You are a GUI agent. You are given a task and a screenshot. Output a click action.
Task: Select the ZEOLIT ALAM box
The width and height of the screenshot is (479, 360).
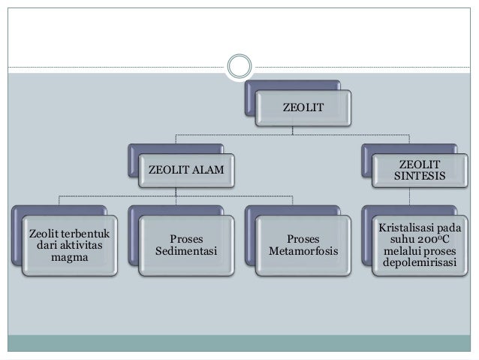pos(187,171)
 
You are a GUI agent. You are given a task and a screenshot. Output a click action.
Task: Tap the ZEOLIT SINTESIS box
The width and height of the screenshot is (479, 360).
pos(419,171)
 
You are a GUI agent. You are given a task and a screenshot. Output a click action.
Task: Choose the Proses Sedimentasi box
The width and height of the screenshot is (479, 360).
pos(185,247)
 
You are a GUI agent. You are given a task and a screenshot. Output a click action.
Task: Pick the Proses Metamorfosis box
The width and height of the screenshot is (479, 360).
pos(303,247)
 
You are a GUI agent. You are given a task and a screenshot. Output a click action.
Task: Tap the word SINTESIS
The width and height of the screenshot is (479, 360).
pos(419,178)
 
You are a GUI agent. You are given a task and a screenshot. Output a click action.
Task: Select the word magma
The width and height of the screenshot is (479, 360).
pos(66,259)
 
